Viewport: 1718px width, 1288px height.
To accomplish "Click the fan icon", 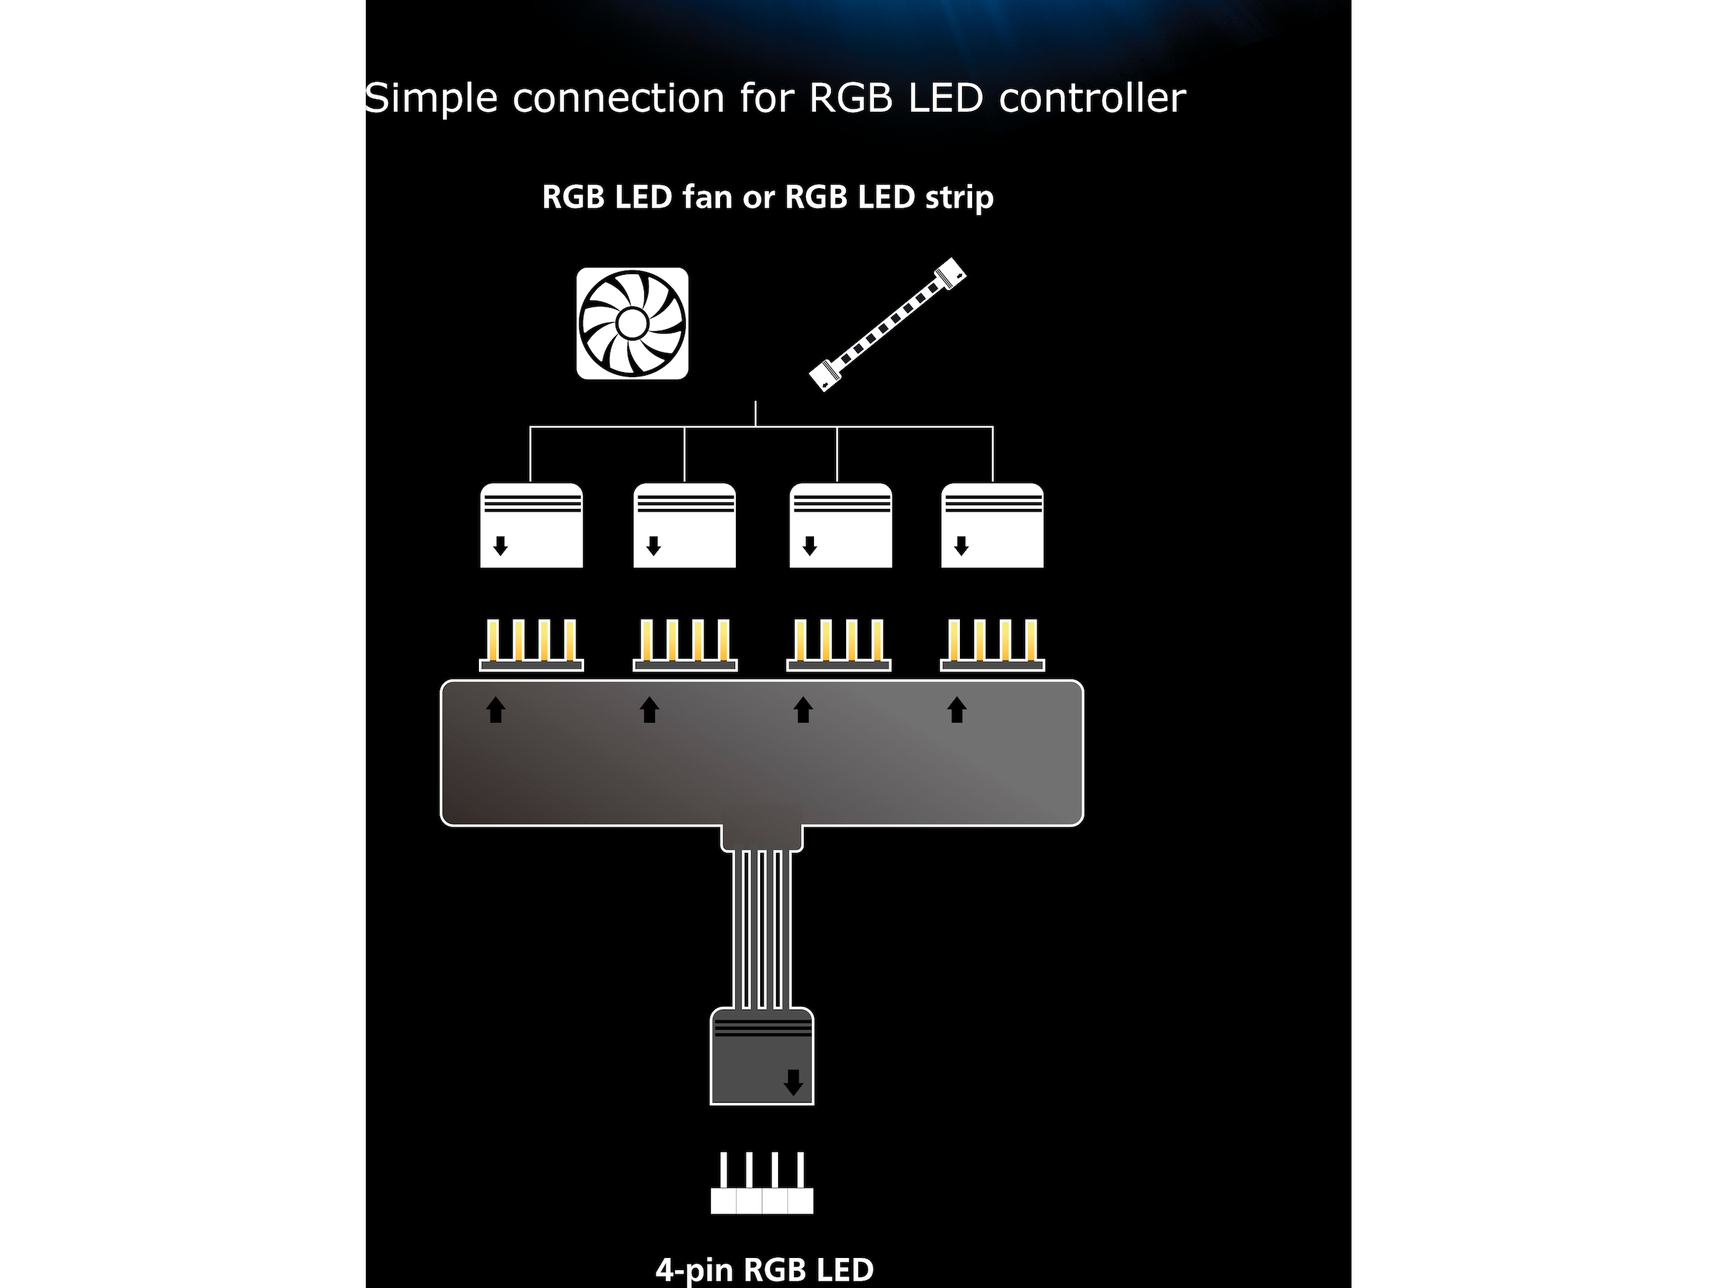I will click(632, 323).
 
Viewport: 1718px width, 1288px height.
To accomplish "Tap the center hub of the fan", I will click(632, 323).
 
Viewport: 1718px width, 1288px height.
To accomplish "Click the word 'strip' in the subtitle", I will click(959, 197).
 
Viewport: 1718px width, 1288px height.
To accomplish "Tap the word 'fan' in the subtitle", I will click(707, 197).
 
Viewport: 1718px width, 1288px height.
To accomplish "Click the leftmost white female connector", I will click(531, 526).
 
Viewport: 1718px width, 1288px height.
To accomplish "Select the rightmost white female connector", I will click(992, 526).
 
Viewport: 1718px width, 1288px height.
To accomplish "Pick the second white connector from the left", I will click(684, 526).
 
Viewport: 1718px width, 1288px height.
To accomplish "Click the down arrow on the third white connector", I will click(810, 546).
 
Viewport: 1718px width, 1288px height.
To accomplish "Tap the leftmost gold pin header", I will click(531, 645).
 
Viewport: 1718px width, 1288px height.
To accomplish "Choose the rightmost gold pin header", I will click(992, 645).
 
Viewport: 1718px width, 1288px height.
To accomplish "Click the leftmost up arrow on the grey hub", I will click(495, 710).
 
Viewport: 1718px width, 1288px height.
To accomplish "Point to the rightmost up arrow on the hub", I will click(957, 710).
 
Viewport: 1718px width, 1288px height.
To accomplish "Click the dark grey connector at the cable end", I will click(762, 1056).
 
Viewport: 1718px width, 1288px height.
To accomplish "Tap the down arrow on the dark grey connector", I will click(793, 1081).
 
